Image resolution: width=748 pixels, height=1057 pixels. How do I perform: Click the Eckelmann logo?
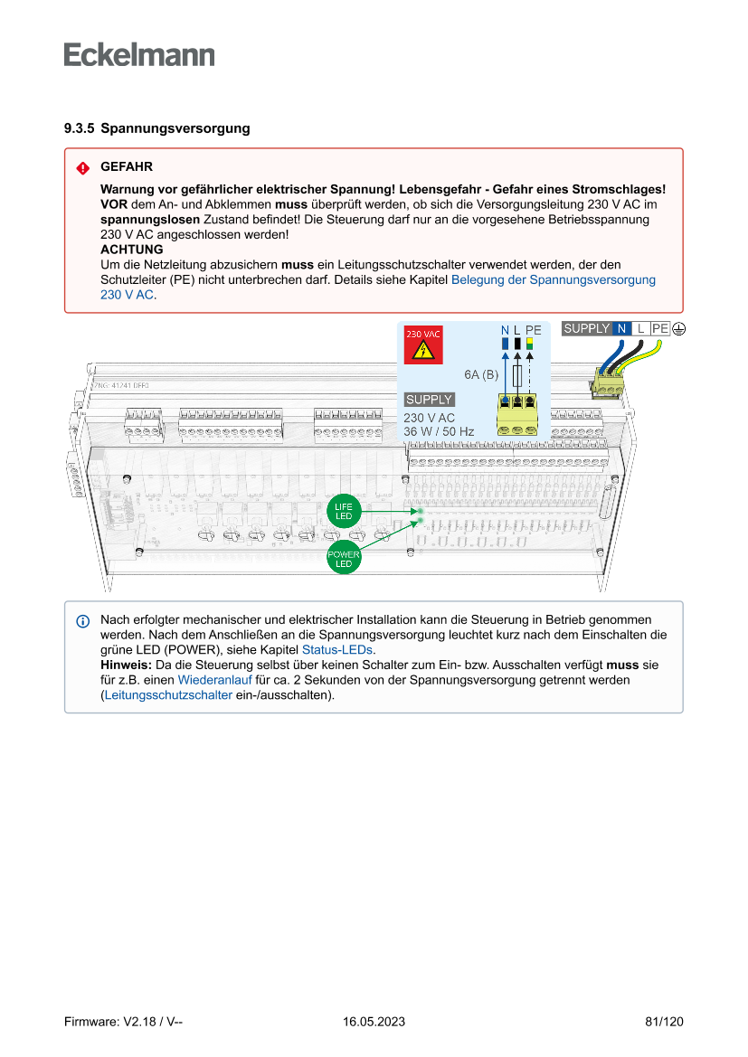(x=139, y=54)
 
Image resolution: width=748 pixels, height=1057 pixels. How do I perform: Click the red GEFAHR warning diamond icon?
(x=83, y=168)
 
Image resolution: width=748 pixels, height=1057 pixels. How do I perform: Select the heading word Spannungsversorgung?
(x=175, y=128)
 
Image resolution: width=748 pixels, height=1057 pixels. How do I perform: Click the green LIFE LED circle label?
(x=344, y=511)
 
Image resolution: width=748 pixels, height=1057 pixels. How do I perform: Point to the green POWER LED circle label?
(x=344, y=559)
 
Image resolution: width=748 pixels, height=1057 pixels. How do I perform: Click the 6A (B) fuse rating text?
(x=482, y=374)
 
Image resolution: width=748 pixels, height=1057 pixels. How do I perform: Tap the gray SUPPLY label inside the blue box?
(x=429, y=400)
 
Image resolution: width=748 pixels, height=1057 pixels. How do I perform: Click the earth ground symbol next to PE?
(x=678, y=328)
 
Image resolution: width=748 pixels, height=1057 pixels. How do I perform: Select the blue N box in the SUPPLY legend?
(x=621, y=328)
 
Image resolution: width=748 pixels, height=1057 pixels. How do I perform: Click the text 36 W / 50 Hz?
(x=439, y=431)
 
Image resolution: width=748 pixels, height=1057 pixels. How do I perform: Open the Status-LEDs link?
(x=336, y=650)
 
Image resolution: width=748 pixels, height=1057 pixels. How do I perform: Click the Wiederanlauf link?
(x=214, y=679)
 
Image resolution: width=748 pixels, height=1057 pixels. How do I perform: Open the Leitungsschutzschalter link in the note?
(x=168, y=694)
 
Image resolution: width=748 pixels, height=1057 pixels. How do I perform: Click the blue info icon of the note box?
(x=83, y=621)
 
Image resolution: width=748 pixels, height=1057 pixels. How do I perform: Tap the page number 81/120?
(x=664, y=1022)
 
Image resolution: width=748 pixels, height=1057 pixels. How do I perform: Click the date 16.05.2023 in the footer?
(x=374, y=1022)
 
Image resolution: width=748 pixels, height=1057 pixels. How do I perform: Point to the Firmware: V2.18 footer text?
(x=124, y=1022)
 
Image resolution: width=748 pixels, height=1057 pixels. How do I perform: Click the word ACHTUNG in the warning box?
(x=132, y=250)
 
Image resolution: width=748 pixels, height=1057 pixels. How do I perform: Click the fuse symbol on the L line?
(x=516, y=376)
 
